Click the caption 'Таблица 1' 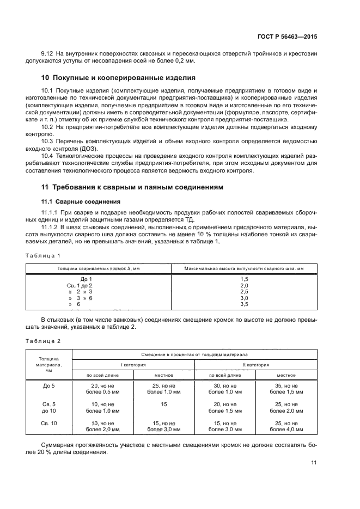pos(43,255)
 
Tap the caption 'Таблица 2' pos(43,341)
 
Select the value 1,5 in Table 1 pos(244,279)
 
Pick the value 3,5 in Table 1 pos(244,305)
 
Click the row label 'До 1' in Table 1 pos(86,279)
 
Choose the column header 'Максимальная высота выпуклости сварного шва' pos(244,268)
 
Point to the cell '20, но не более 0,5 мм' pos(103,389)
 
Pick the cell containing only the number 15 pos(164,404)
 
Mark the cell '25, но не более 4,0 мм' pos(286,426)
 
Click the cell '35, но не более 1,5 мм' pos(286,389)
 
